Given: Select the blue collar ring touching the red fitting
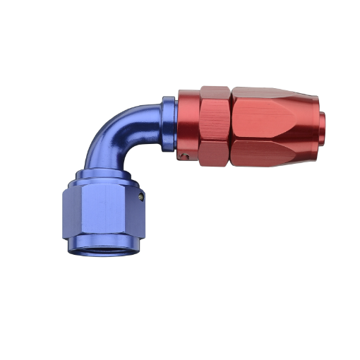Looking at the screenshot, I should [168, 124].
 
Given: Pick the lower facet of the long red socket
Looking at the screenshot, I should [272, 150].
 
